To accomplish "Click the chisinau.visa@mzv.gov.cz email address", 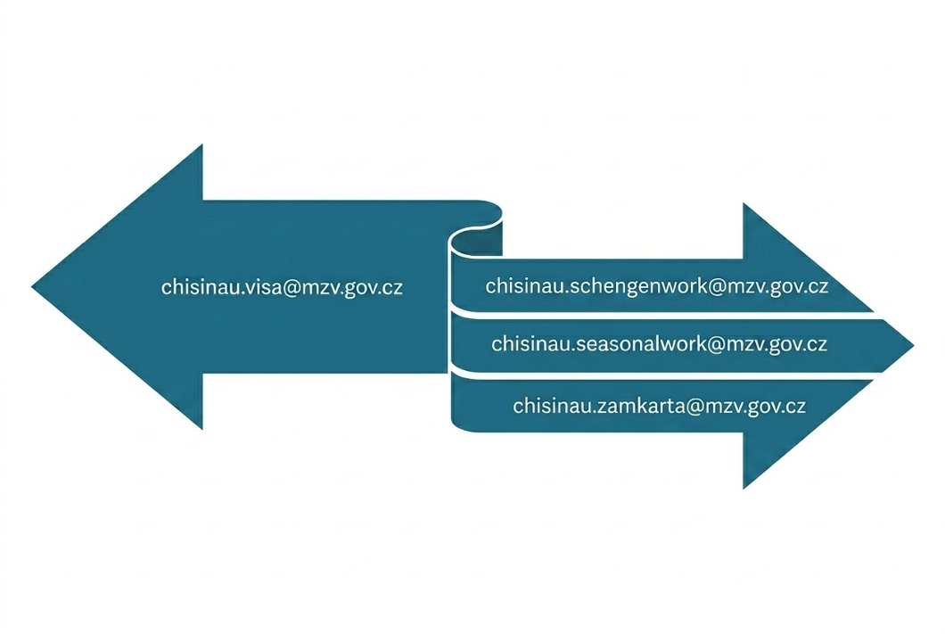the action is point(282,287).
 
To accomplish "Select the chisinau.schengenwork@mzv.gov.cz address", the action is point(657,286).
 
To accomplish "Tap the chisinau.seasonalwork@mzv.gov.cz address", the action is point(660,344).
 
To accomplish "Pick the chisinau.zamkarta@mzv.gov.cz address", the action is point(660,406).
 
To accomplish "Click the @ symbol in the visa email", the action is point(289,288).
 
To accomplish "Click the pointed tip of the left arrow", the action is point(32,287).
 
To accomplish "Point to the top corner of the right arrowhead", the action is point(744,203).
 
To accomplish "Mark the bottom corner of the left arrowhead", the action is point(202,429).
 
